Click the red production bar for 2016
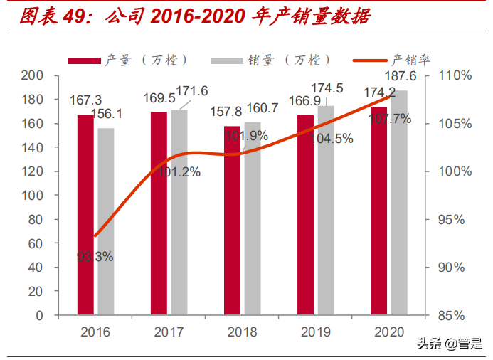tap(85, 214)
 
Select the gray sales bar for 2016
tap(105, 221)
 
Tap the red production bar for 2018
tap(232, 220)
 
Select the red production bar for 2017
tap(159, 213)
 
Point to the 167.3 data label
tap(85, 100)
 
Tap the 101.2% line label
tap(181, 171)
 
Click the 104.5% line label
tap(333, 139)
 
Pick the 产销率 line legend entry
tap(396, 60)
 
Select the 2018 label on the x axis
tap(241, 332)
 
